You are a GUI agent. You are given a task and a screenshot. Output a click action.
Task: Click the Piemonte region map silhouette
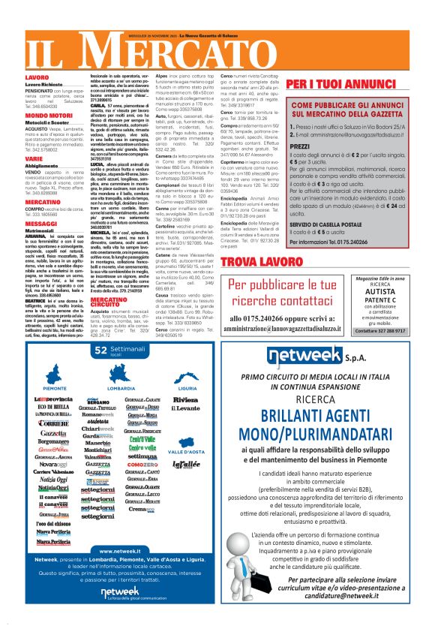(55, 372)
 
